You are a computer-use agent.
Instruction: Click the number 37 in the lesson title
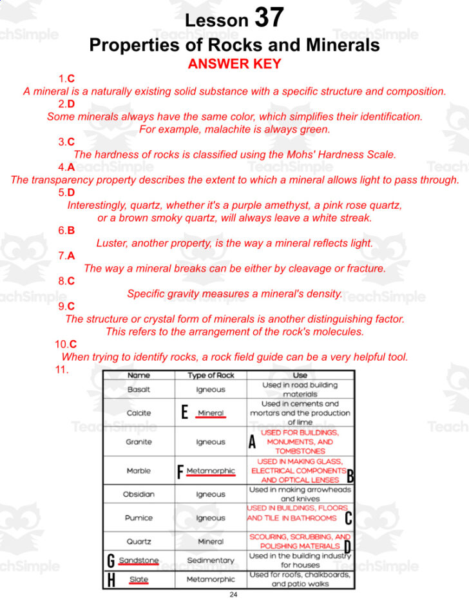click(x=269, y=17)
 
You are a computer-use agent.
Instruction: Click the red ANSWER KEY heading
click(x=235, y=64)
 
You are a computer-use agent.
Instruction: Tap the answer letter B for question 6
click(x=71, y=230)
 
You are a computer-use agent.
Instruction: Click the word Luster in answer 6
click(x=112, y=244)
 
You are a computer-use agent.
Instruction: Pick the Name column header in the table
click(x=139, y=375)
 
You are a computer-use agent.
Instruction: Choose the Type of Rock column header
click(x=211, y=375)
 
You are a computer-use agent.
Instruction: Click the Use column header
click(x=300, y=375)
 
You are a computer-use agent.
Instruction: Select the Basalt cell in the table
click(x=139, y=389)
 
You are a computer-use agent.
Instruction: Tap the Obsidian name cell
click(x=139, y=494)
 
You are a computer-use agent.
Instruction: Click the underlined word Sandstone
click(x=139, y=561)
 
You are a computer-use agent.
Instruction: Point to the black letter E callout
click(x=185, y=412)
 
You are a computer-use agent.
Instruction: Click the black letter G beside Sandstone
click(x=111, y=561)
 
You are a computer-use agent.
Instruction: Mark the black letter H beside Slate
click(x=111, y=579)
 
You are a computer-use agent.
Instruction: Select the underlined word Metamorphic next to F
click(x=211, y=471)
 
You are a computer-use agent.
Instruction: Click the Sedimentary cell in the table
click(x=211, y=561)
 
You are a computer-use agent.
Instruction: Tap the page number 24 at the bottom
click(x=233, y=594)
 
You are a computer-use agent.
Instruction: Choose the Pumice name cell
click(x=139, y=517)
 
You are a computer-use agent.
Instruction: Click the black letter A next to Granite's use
click(x=252, y=442)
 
